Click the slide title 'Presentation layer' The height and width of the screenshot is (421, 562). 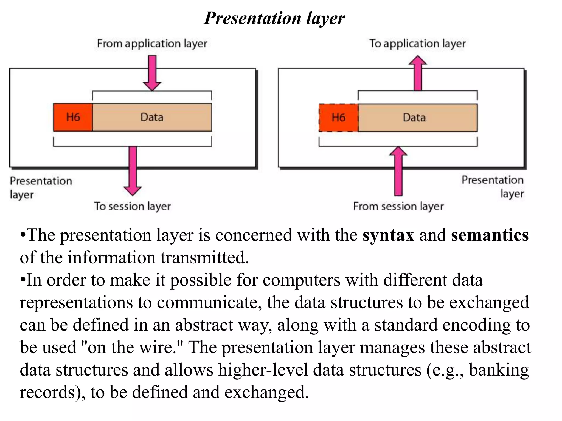(274, 18)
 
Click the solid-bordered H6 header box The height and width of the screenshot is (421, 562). (73, 117)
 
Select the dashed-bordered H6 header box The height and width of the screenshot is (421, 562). (338, 118)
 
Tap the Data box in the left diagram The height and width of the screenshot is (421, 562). (152, 117)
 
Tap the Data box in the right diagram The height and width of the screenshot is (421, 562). (417, 118)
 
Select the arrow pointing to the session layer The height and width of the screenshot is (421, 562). (133, 170)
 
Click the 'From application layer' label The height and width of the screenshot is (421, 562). (152, 44)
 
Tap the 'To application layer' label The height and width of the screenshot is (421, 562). (417, 44)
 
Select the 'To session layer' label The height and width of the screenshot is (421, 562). (132, 206)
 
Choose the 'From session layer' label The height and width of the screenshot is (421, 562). (398, 206)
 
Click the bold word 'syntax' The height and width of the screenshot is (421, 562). (388, 235)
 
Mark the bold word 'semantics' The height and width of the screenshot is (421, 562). (490, 235)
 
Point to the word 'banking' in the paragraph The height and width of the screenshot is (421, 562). (499, 370)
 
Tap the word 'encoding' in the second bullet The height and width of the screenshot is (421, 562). (476, 325)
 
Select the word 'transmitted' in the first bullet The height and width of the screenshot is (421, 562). (204, 258)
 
